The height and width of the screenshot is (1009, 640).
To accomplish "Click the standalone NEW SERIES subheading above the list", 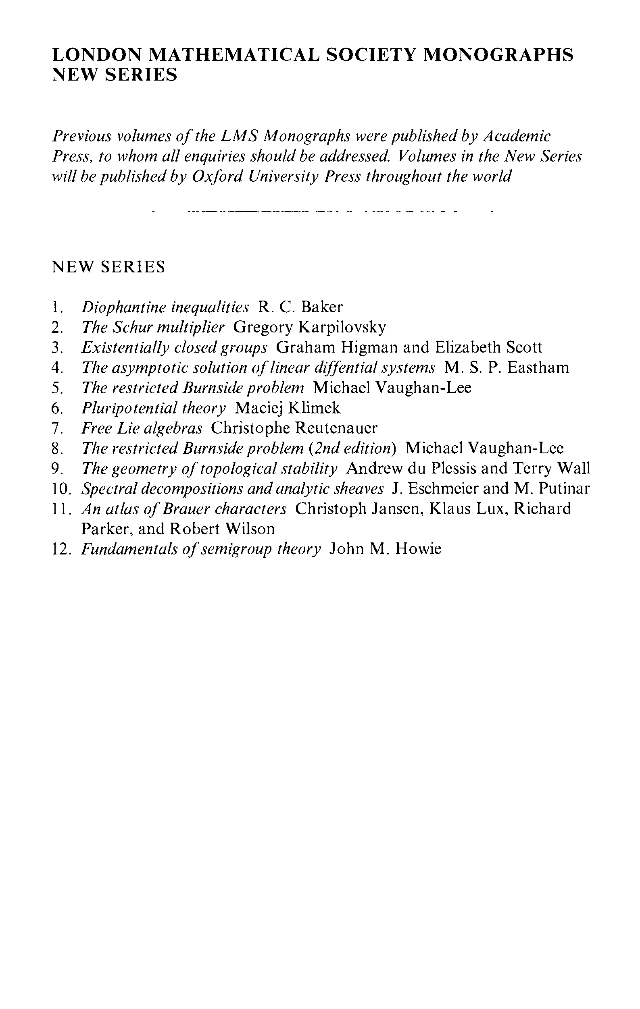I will [x=108, y=266].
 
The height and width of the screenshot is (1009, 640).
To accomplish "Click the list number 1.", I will [x=57, y=307].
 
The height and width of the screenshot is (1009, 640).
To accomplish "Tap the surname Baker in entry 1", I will [x=322, y=307].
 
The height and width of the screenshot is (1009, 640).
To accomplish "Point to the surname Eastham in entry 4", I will [x=538, y=367].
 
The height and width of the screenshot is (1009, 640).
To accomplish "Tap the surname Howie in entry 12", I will [x=418, y=549].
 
